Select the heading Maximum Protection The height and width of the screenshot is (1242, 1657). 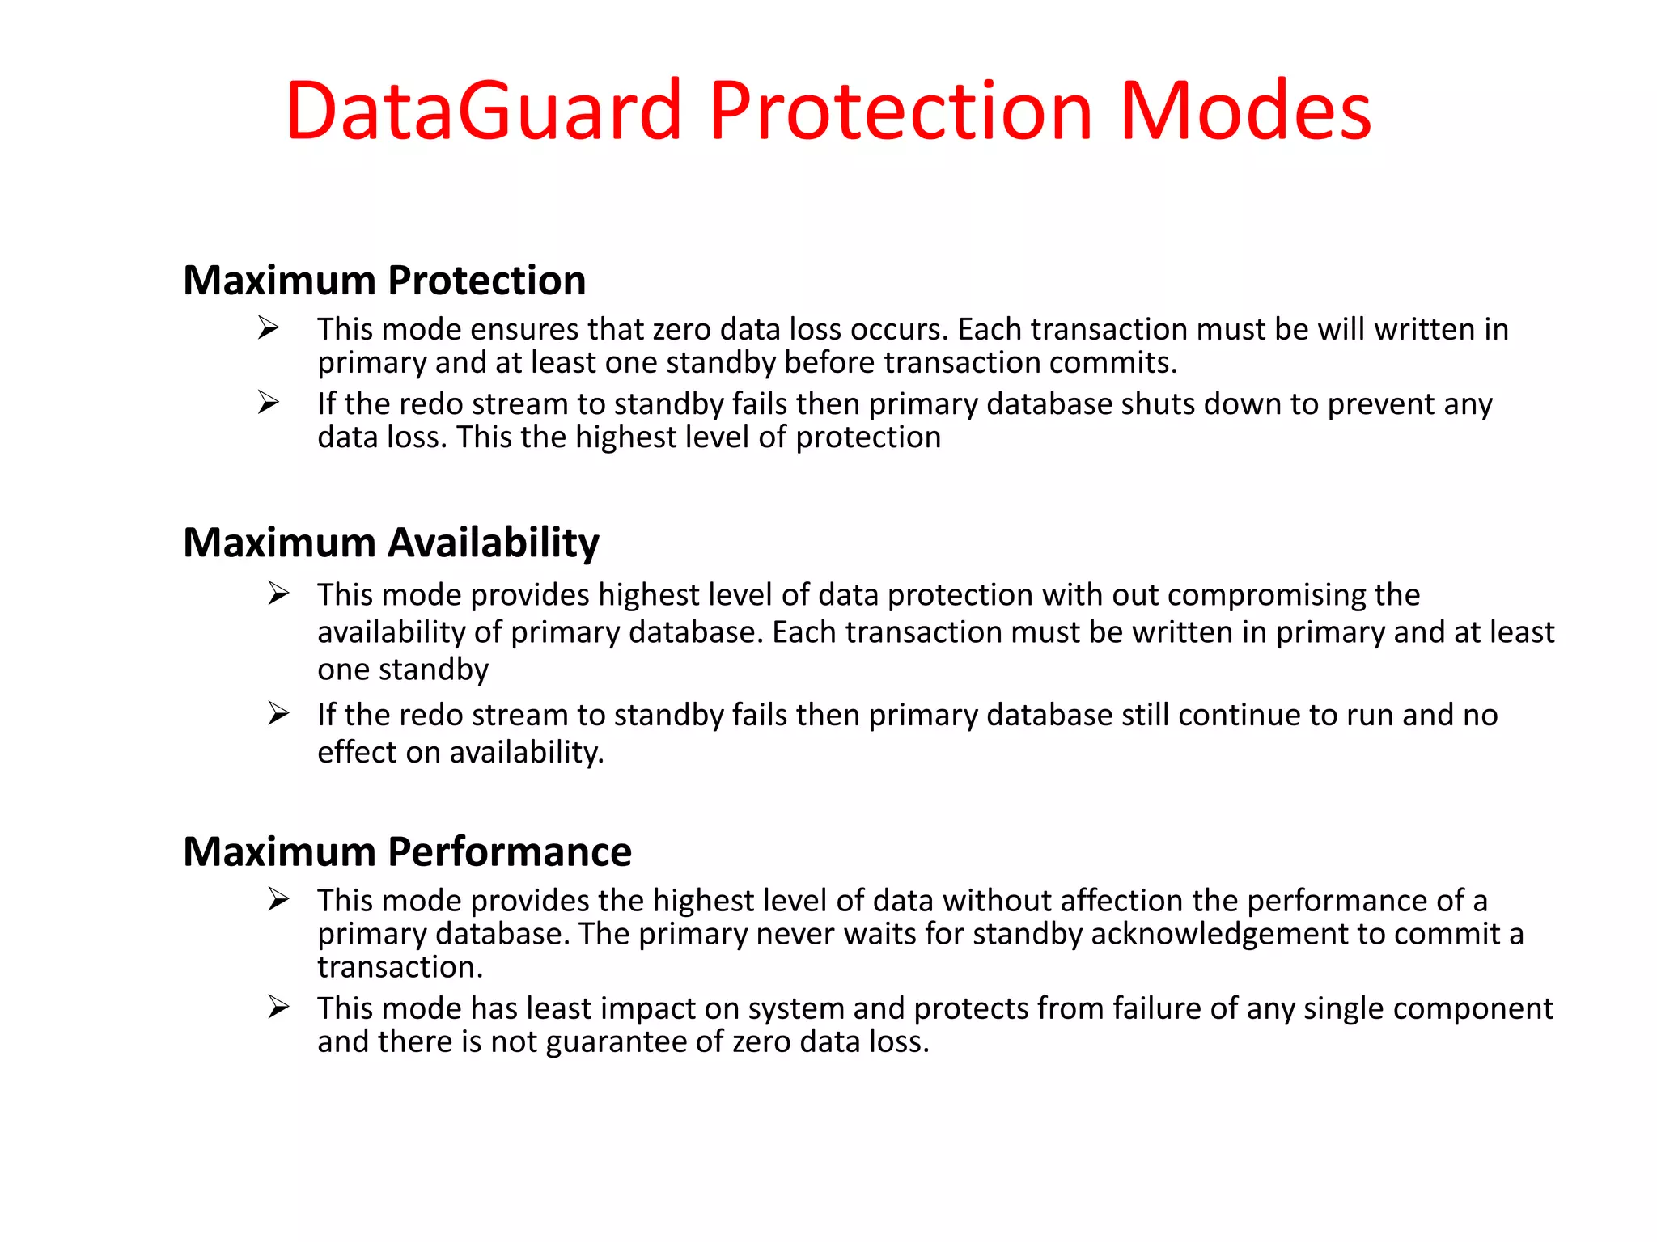(x=384, y=281)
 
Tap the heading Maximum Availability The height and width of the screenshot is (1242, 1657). (x=391, y=543)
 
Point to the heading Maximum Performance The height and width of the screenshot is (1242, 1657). (x=407, y=851)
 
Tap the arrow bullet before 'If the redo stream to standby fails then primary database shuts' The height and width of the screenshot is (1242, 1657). (x=268, y=402)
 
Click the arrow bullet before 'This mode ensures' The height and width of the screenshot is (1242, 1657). (x=268, y=327)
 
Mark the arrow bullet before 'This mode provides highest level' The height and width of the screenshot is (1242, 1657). (x=278, y=594)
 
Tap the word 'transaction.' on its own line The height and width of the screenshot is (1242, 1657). (x=400, y=967)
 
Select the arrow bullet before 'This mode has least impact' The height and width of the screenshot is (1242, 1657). (x=278, y=1007)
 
